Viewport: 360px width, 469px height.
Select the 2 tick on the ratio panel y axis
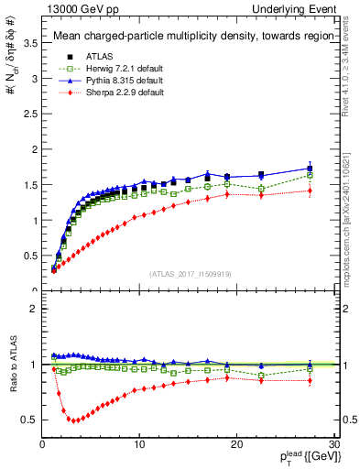(x=32, y=309)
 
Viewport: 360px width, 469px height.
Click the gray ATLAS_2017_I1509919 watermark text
(x=190, y=273)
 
